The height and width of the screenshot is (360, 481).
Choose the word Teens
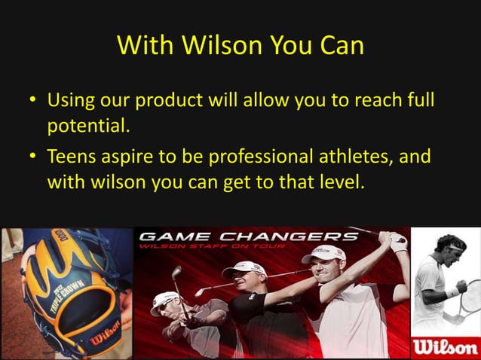tap(72, 157)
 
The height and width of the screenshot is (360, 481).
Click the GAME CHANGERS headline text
tap(249, 236)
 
